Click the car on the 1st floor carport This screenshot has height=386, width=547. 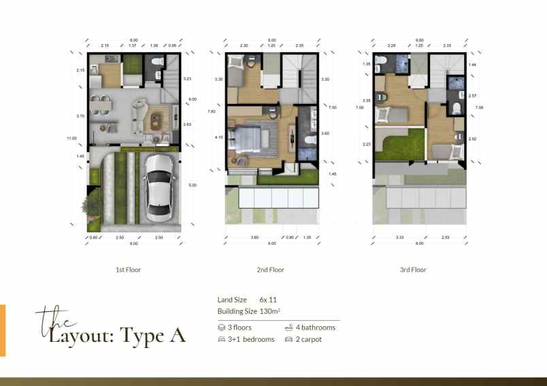tap(159, 190)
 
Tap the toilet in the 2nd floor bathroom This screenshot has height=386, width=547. tap(308, 141)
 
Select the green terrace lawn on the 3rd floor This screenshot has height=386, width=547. tap(399, 147)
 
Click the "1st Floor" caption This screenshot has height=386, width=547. tap(128, 270)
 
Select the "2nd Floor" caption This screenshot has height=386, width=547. tap(270, 270)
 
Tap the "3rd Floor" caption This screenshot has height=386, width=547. tap(412, 270)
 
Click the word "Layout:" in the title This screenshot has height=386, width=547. tap(82, 335)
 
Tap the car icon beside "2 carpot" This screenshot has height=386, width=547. tap(288, 339)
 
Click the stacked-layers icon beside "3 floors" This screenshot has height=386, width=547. tap(221, 328)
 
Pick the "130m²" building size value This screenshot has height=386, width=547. tap(271, 311)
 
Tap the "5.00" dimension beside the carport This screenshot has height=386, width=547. tap(192, 185)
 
